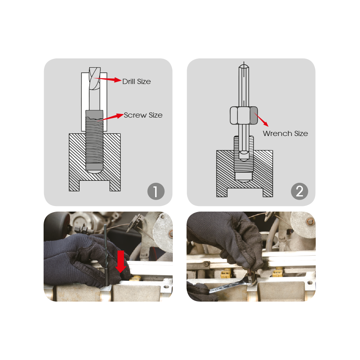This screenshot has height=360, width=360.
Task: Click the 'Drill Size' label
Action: [x=136, y=82]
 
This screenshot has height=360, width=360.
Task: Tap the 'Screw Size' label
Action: [x=143, y=115]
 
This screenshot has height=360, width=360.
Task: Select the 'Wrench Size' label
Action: [x=285, y=133]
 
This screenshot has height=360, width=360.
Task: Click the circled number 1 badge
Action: [x=156, y=191]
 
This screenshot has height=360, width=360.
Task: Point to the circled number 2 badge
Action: [x=299, y=191]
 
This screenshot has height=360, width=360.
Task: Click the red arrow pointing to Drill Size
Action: [x=108, y=80]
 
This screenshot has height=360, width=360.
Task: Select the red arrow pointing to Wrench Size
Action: [x=261, y=119]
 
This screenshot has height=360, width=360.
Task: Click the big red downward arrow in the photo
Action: [x=120, y=262]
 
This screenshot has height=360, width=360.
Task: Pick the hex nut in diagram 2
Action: [x=244, y=116]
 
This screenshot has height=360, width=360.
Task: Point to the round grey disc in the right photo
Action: [x=303, y=223]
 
